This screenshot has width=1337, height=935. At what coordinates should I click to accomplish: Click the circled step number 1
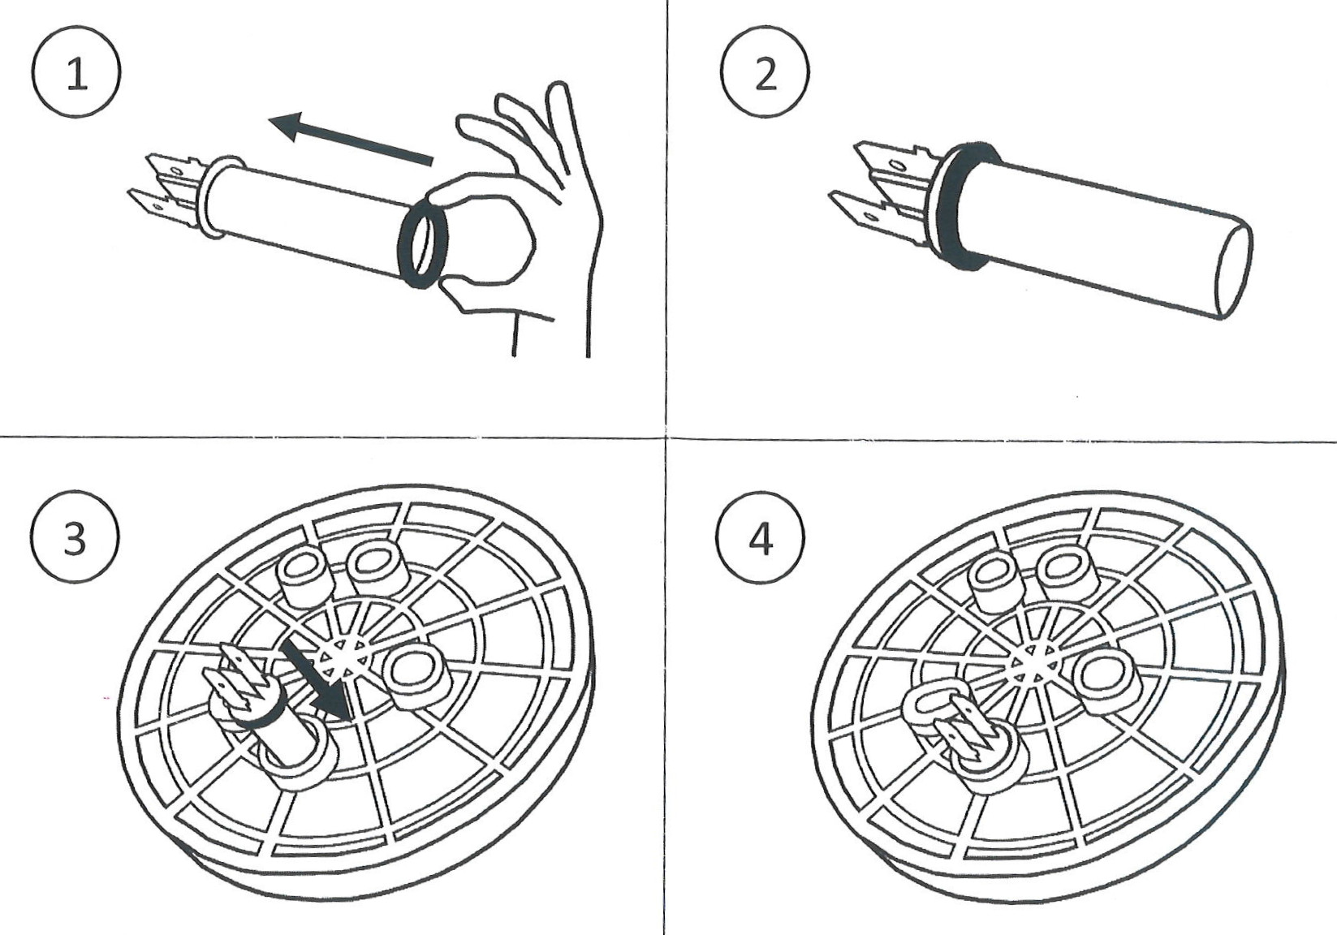point(77,75)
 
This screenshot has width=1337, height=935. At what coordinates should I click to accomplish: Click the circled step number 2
point(765,75)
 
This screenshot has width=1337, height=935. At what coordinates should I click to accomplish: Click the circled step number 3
point(75,537)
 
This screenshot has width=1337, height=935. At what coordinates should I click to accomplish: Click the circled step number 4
point(761,537)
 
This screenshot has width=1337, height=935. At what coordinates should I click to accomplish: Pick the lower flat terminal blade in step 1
point(154,206)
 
